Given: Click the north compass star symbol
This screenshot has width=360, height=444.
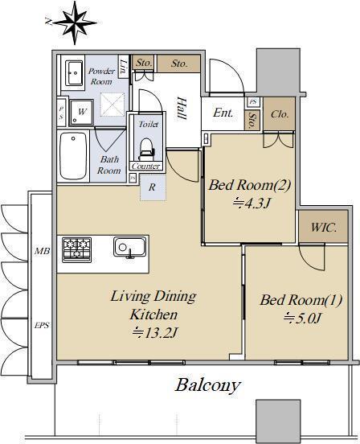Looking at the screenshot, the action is point(75,23).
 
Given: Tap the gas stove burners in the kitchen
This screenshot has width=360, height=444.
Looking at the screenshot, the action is point(76,250).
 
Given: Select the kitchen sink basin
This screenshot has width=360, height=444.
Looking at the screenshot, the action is point(130,247).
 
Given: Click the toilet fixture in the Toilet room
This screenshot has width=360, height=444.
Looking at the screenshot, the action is point(146,149).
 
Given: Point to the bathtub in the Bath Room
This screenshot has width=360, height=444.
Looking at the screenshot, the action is point(73,156).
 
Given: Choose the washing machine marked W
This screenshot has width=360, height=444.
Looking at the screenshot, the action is point(81,112).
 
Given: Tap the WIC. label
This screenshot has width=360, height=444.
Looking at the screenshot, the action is point(324,227).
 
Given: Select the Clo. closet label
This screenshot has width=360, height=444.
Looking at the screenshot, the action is point(280,114).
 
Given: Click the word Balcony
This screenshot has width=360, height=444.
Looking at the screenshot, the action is point(208,385).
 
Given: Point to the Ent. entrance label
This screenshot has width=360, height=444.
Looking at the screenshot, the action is point(223,113).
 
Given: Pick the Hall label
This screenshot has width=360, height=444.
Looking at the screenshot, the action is point(181,108).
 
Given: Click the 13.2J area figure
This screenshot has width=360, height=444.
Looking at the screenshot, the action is point(155,333).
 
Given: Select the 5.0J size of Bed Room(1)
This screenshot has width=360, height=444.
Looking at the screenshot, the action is point(302,319).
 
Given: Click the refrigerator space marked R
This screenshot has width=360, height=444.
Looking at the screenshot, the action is point(153,187).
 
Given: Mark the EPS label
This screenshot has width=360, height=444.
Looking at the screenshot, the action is point(42,325).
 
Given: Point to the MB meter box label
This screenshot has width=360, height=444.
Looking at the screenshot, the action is point(42,251).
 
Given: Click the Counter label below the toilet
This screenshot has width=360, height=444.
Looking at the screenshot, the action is point(146,166).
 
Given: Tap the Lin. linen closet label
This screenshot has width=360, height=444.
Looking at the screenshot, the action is point(123,66).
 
